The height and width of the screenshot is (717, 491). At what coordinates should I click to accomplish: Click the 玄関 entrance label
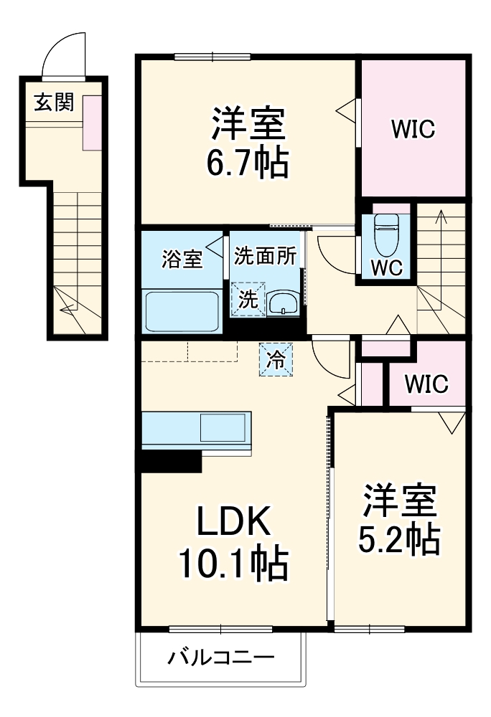(x=54, y=103)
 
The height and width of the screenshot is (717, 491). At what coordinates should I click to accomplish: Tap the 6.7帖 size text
(x=248, y=164)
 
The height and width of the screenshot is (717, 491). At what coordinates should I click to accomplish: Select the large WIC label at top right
(x=413, y=130)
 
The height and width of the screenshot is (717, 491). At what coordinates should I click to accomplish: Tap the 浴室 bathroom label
(x=182, y=259)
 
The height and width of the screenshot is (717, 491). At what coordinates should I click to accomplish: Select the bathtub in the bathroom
(x=182, y=310)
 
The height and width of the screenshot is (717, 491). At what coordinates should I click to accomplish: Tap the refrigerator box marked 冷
(x=276, y=359)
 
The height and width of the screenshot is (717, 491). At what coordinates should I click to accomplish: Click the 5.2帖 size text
(x=398, y=538)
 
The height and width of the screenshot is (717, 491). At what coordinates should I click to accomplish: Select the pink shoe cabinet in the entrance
(x=92, y=123)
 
